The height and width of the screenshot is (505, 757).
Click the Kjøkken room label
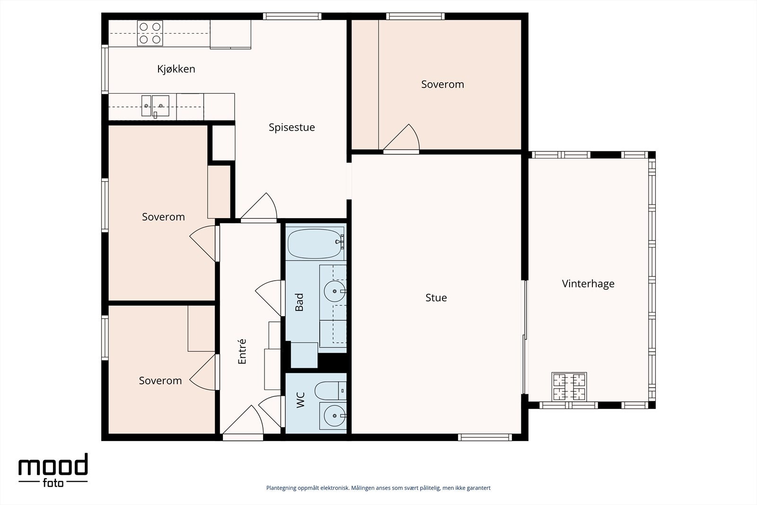pos(176,69)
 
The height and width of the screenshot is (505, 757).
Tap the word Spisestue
pos(291,127)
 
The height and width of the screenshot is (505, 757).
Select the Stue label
pos(436,298)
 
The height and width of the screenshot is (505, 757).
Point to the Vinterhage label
pos(588,284)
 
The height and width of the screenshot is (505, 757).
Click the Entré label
pos(242,352)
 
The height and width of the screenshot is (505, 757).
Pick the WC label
pos(300,400)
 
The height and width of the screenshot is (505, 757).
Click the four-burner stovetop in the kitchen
pos(150,33)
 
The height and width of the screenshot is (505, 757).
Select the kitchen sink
pos(156,106)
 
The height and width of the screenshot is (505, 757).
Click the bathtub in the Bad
pos(315,244)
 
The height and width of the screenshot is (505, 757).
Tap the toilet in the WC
pos(331,391)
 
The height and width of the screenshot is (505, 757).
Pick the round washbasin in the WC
pos(334,416)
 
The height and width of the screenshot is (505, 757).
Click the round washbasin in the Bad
pos(334,291)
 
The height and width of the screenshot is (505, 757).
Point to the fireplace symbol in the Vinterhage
pos(569,387)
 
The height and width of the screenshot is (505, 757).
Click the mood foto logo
pos(53,470)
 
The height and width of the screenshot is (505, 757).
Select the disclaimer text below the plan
pos(378,488)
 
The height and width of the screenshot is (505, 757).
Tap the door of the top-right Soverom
pos(402,139)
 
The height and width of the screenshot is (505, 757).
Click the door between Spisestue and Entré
pos(259,207)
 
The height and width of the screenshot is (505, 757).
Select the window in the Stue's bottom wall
pos(485,437)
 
